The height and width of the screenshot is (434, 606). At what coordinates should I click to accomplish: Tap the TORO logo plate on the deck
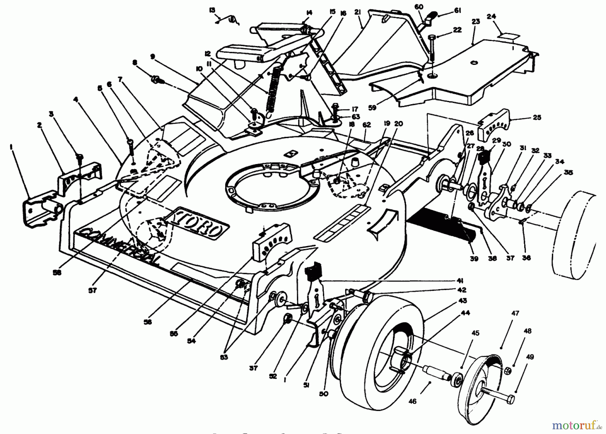coord(197,222)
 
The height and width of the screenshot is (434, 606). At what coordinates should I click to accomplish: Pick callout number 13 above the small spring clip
coord(212,10)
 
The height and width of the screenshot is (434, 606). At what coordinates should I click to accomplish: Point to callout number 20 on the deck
coord(398,124)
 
